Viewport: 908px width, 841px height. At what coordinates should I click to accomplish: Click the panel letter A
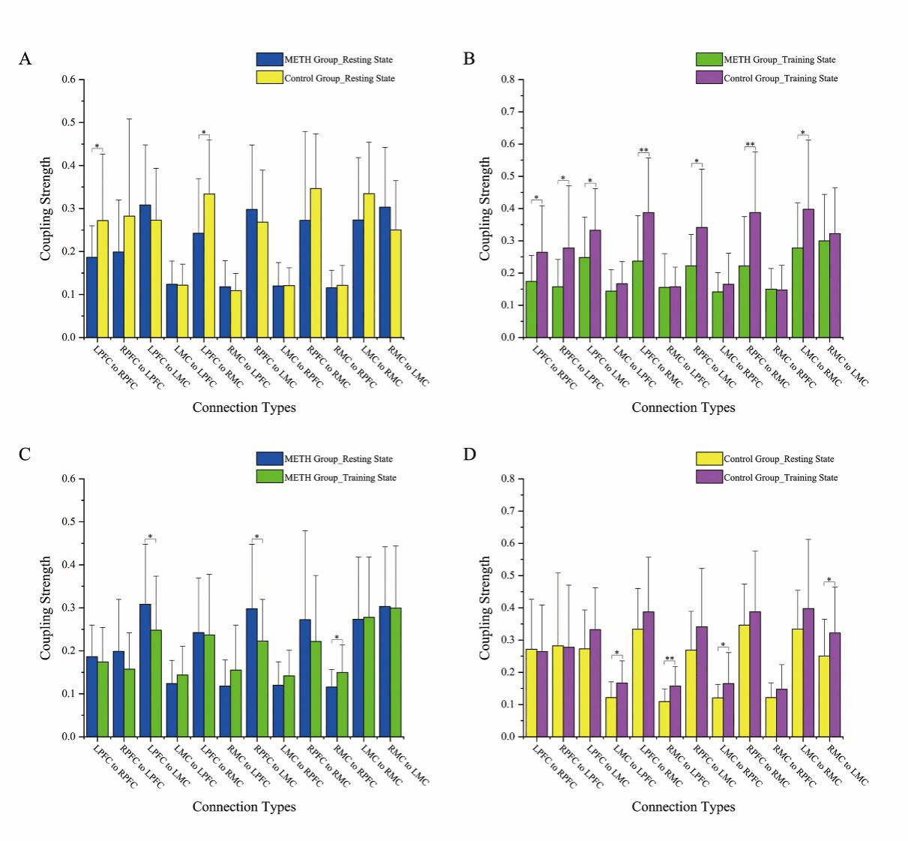tap(25, 59)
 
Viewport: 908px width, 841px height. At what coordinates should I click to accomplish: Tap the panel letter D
tap(469, 455)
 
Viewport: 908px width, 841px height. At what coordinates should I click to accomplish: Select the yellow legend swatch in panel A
tap(269, 77)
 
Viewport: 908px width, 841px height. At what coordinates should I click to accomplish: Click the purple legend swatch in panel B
tap(709, 77)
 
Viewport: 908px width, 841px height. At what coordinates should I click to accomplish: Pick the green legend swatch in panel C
tap(269, 476)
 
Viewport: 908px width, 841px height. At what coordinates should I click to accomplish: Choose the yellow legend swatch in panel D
tap(709, 458)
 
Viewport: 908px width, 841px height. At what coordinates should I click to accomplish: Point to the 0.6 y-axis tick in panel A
tap(70, 80)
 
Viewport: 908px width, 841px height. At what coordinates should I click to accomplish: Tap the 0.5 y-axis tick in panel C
tap(70, 521)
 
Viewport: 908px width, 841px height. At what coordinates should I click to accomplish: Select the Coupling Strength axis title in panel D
tap(486, 608)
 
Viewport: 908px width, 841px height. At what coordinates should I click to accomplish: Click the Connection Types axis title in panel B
tap(683, 407)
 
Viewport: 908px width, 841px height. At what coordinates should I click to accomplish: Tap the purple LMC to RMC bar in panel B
tap(808, 273)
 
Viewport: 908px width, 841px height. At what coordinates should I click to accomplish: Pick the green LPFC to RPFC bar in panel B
tap(531, 309)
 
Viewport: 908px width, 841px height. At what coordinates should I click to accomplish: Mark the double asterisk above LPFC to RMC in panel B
tap(643, 151)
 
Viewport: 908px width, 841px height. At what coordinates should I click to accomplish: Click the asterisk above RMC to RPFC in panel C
tap(336, 638)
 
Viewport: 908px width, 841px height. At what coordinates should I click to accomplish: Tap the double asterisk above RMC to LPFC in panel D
tap(670, 659)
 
